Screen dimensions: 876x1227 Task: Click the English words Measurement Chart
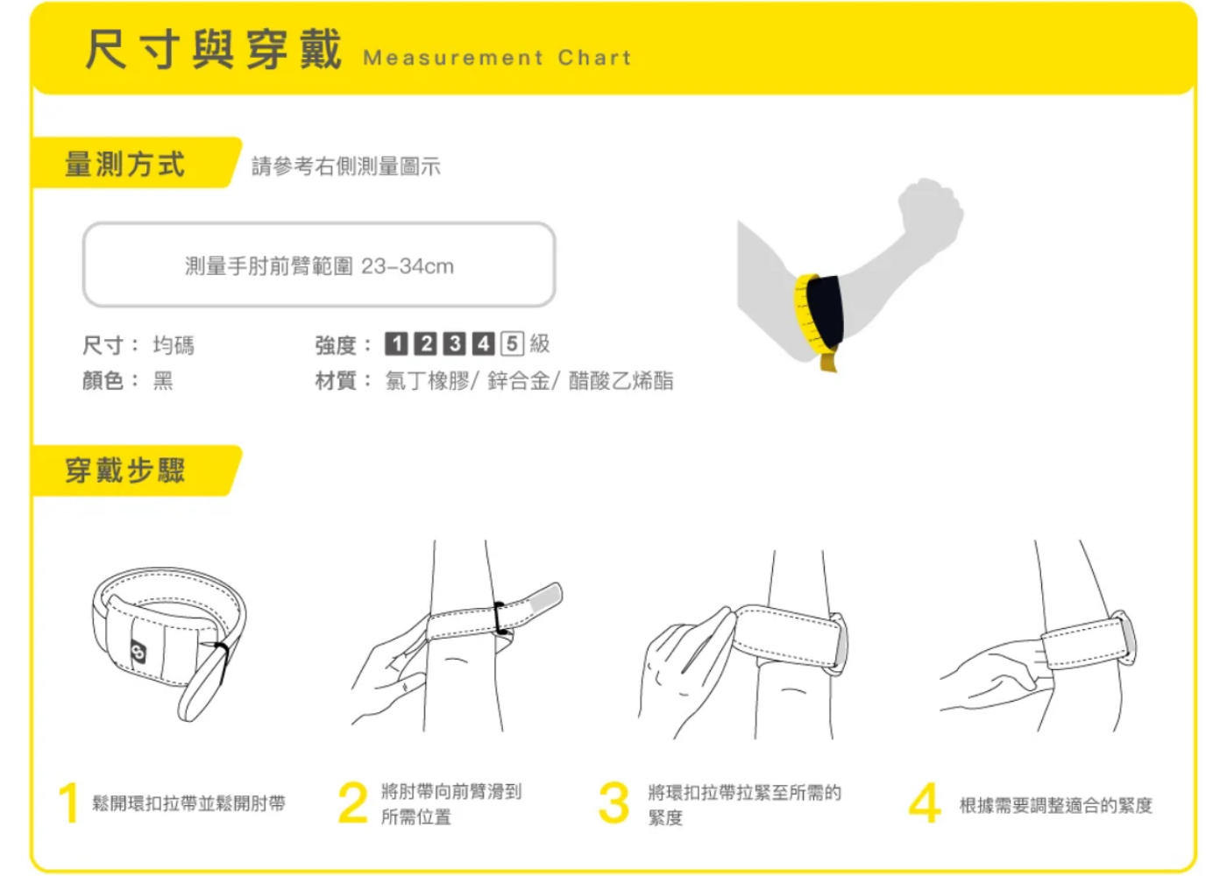tap(497, 58)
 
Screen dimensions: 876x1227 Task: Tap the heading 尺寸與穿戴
tap(213, 48)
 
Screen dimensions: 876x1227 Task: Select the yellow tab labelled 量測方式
tap(125, 164)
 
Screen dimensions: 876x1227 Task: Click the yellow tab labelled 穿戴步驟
tap(125, 470)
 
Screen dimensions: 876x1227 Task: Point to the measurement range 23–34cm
tap(408, 266)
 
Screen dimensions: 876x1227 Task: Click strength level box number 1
tap(396, 343)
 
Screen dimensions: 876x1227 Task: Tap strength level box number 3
tap(454, 343)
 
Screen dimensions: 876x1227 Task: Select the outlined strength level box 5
tap(512, 343)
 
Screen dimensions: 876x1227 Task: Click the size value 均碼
tap(174, 345)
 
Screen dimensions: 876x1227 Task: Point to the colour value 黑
tap(163, 380)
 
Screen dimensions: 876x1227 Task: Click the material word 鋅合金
tap(518, 380)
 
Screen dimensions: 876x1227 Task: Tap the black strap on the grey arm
tap(825, 311)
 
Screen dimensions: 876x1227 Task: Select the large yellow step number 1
tap(68, 803)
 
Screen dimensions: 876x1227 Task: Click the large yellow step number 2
tap(352, 803)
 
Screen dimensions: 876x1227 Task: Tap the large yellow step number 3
tap(613, 803)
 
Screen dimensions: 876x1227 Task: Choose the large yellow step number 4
tap(925, 803)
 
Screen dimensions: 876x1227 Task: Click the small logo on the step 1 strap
tap(138, 652)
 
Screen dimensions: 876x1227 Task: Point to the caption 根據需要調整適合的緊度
tap(1055, 805)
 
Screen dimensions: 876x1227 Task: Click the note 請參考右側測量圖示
tap(346, 166)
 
